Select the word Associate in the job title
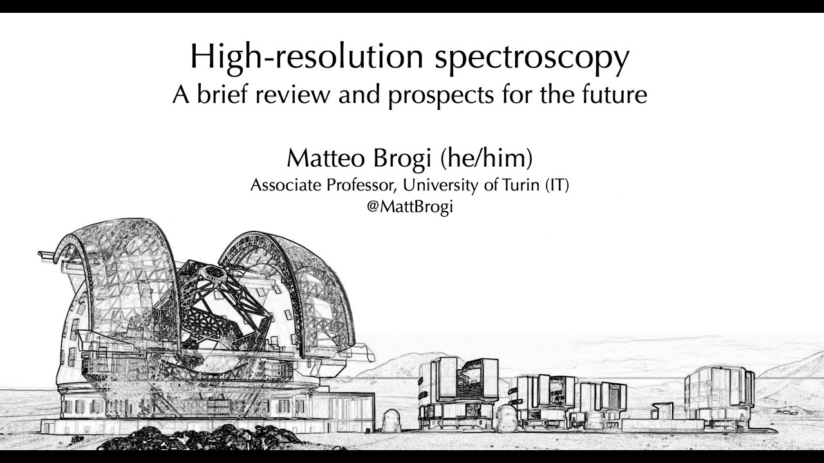[x=281, y=186]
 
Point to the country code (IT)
[x=557, y=186]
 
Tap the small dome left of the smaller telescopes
[x=391, y=421]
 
